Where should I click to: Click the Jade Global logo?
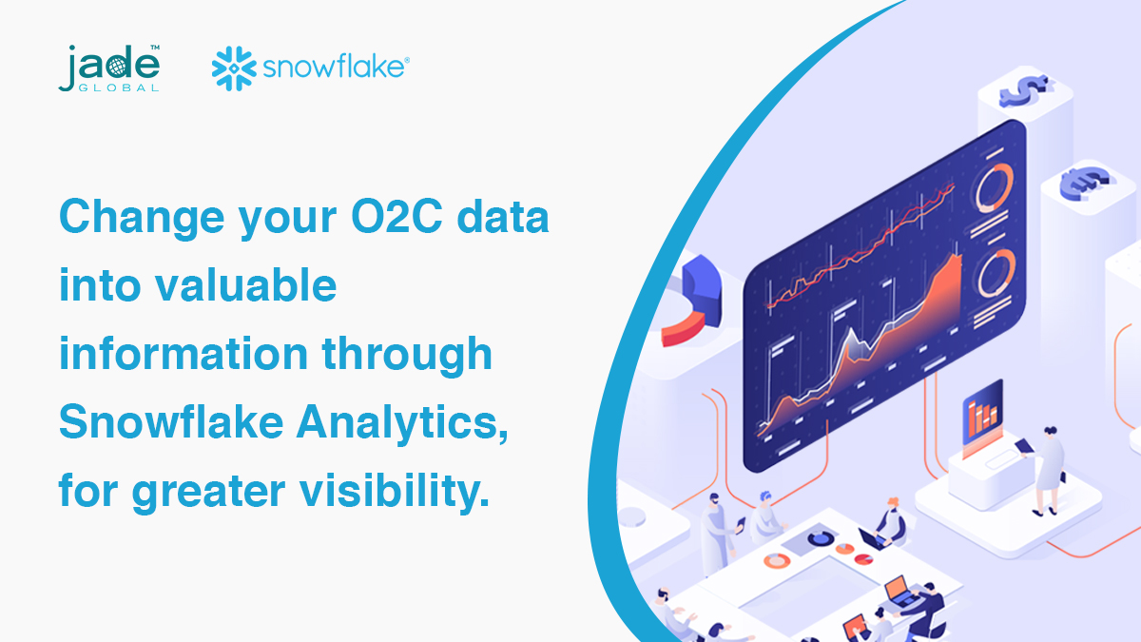[x=108, y=68]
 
